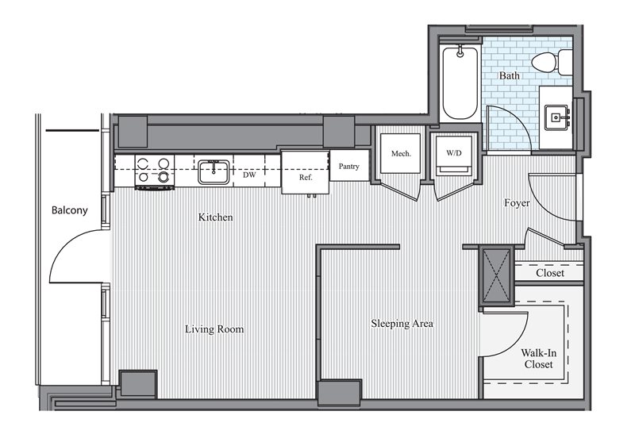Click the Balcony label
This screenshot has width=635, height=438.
click(x=69, y=210)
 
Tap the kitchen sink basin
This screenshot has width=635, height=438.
click(x=214, y=172)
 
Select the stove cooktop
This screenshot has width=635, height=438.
click(x=154, y=171)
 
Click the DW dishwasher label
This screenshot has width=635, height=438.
click(x=249, y=175)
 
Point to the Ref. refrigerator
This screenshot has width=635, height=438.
click(x=306, y=172)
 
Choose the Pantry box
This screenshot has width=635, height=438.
click(x=349, y=165)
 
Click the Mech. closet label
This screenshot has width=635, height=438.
click(x=401, y=154)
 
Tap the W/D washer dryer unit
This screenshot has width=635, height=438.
click(x=454, y=156)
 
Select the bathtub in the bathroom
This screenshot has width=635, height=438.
click(x=460, y=83)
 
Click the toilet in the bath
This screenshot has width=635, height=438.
click(x=552, y=63)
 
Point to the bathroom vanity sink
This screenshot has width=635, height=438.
click(x=556, y=117)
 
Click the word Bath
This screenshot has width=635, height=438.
click(x=509, y=75)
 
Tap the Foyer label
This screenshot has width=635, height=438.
click(x=517, y=203)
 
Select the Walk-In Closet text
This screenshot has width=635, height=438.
click(x=539, y=359)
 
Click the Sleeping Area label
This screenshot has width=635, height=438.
click(x=402, y=324)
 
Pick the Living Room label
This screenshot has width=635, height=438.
click(x=214, y=329)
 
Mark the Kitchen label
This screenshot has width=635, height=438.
click(x=215, y=217)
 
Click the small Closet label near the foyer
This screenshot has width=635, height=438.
click(x=550, y=273)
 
